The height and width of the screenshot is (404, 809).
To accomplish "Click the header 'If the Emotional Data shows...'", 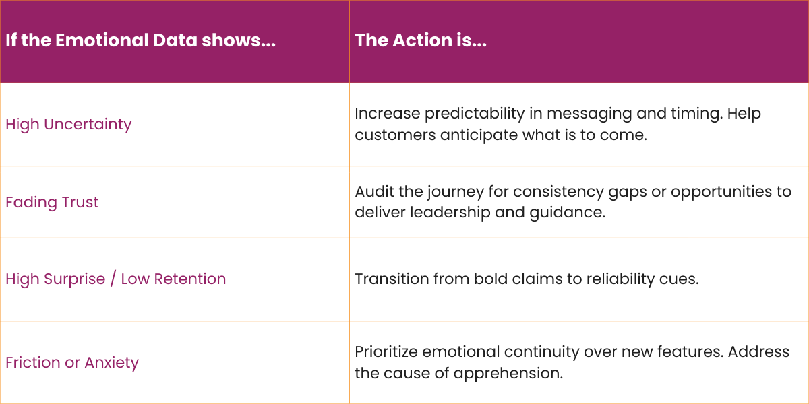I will [140, 40].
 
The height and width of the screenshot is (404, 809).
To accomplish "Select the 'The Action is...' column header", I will [421, 40].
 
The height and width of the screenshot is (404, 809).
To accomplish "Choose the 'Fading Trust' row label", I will [52, 202].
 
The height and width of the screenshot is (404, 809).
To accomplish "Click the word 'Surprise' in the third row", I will [70, 279].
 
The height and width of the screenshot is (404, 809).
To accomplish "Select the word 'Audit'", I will [373, 191].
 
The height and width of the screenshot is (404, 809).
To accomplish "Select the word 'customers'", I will [395, 135].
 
